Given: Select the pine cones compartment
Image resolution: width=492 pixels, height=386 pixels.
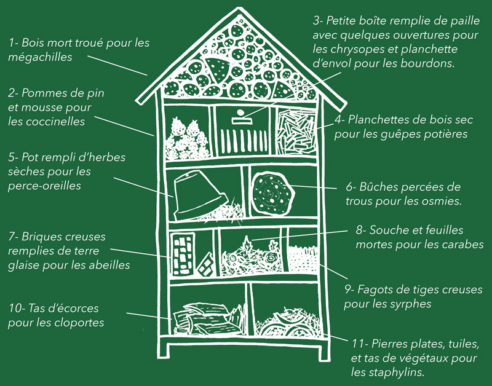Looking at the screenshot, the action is pyautogui.click(x=188, y=132).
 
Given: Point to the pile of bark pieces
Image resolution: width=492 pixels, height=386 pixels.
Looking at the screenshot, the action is pyautogui.click(x=208, y=319).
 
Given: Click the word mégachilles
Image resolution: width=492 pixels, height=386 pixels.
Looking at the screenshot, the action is pyautogui.click(x=40, y=57).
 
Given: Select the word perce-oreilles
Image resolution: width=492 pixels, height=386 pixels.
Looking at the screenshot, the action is pyautogui.click(x=44, y=186).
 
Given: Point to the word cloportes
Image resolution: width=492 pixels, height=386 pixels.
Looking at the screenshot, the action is pyautogui.click(x=79, y=323).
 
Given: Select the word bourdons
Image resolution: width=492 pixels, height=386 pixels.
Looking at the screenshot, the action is pyautogui.click(x=427, y=63).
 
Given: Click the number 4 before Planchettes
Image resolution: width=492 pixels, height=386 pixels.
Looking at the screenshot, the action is pyautogui.click(x=337, y=119).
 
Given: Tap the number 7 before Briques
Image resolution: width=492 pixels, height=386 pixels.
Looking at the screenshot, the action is pyautogui.click(x=11, y=237).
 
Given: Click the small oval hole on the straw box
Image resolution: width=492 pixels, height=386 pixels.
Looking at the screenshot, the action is pyautogui.click(x=240, y=112).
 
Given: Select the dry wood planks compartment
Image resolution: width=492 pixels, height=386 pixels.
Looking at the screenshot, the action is pyautogui.click(x=296, y=131).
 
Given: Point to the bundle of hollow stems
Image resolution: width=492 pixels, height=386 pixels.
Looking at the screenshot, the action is pyautogui.click(x=302, y=258).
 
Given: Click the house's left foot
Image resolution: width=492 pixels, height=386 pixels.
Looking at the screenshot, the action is pyautogui.click(x=163, y=350).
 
